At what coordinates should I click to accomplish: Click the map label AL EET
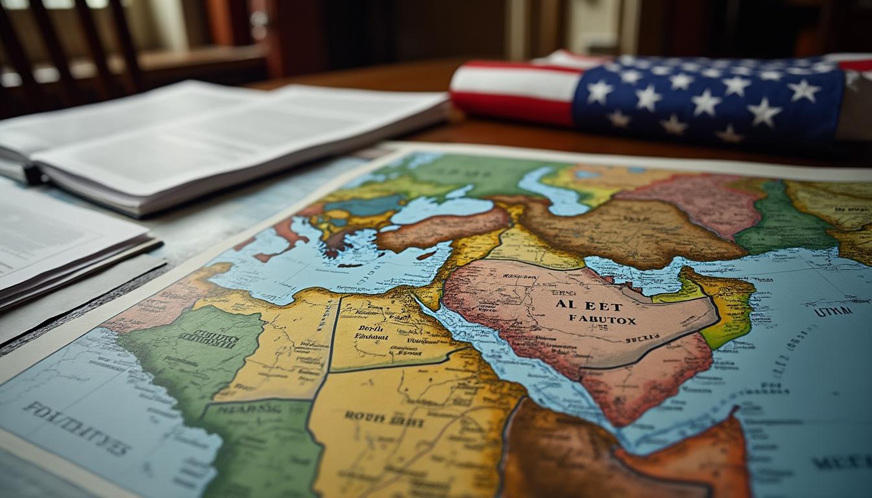point(579,305)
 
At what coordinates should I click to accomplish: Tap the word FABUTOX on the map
point(602,320)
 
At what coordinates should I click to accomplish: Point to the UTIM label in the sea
point(833,312)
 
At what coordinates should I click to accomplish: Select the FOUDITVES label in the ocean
point(77,427)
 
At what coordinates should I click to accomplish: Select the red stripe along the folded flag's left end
point(513,107)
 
